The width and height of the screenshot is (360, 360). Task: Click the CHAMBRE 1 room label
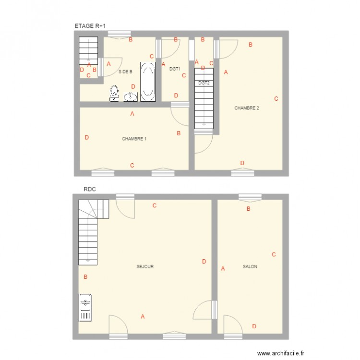[134, 139]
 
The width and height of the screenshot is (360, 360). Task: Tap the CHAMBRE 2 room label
[246, 108]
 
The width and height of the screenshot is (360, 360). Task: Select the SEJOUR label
[145, 266]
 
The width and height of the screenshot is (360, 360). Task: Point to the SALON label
[250, 266]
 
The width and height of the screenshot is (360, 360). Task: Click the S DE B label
[125, 72]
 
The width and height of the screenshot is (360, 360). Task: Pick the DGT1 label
[175, 69]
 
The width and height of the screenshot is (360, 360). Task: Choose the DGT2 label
[204, 83]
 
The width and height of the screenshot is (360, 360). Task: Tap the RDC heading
[90, 190]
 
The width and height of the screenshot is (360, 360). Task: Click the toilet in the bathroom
[114, 92]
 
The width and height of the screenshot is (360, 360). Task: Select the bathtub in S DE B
[147, 82]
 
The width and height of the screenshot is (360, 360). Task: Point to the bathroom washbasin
[130, 96]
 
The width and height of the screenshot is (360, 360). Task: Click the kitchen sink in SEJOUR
[85, 308]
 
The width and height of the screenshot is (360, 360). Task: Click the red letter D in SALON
[254, 326]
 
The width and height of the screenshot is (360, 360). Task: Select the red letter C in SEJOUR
[155, 205]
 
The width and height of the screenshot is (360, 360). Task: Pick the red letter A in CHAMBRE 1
[132, 114]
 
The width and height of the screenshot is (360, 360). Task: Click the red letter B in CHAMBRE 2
[250, 45]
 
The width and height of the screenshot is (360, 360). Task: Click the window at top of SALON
[250, 196]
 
